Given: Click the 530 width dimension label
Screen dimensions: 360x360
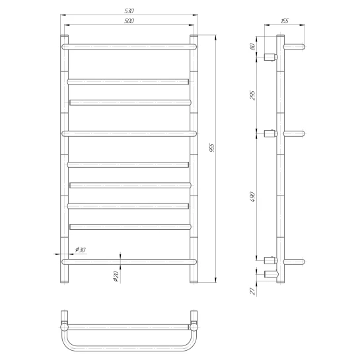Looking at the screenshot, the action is click(x=129, y=11).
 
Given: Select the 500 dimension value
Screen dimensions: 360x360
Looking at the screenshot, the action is click(x=129, y=21).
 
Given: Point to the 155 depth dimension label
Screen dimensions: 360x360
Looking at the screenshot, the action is click(x=285, y=21).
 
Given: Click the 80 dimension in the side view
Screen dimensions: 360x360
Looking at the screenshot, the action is click(x=252, y=47).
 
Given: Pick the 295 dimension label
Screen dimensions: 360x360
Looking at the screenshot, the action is click(x=252, y=95).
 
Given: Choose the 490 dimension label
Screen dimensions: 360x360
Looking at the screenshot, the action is click(x=252, y=197).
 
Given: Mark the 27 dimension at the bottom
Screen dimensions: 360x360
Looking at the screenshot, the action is click(x=252, y=291).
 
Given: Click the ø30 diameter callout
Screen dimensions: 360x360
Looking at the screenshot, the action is click(x=81, y=250).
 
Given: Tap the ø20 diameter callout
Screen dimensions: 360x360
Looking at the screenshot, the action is click(x=116, y=276).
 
